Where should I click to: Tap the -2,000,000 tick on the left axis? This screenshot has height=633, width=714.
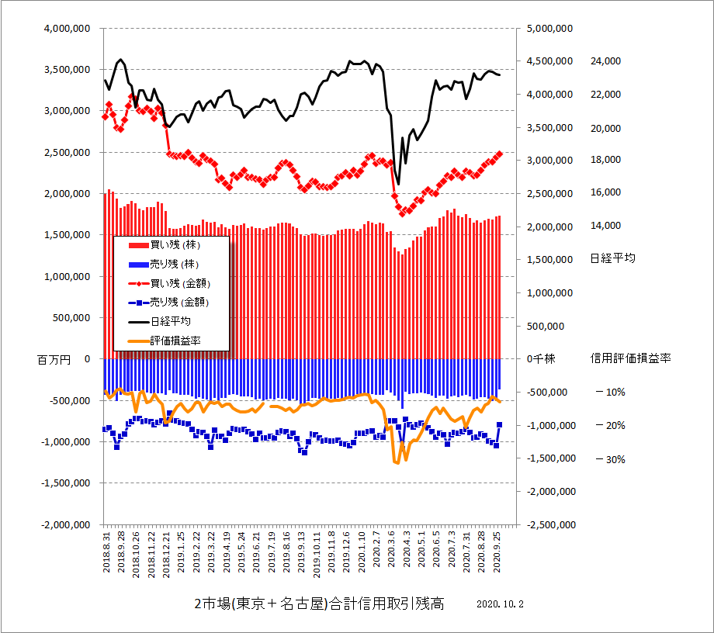pos(66,524)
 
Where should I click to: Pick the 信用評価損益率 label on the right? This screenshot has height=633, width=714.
pos(630,358)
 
